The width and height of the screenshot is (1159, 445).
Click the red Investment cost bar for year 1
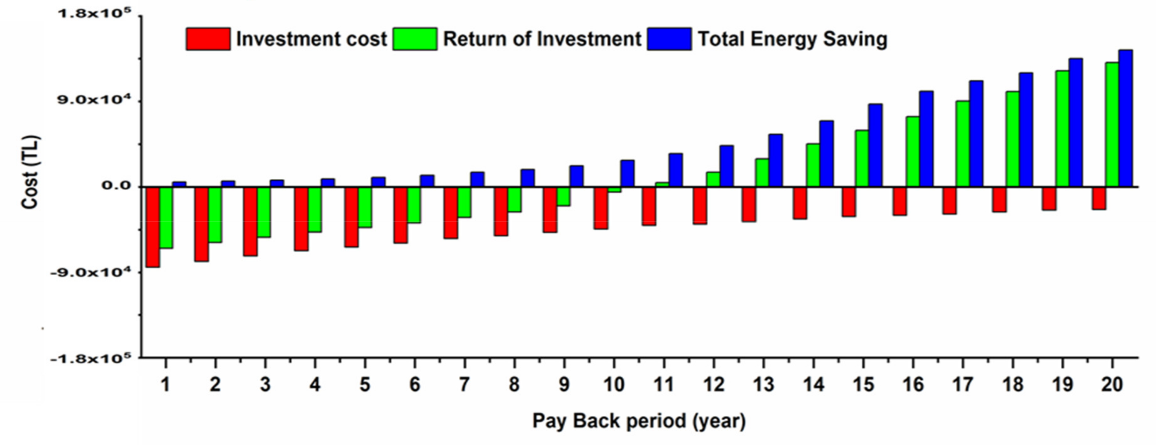pyautogui.click(x=153, y=227)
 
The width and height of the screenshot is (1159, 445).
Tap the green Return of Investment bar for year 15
pyautogui.click(x=862, y=158)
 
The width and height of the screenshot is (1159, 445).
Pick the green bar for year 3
pyautogui.click(x=264, y=212)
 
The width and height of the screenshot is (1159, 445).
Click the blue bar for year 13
pyautogui.click(x=776, y=160)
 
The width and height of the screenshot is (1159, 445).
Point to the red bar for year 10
pyautogui.click(x=601, y=208)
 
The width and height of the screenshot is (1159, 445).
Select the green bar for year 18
pyautogui.click(x=1012, y=139)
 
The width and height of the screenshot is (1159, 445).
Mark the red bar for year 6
pyautogui.click(x=400, y=215)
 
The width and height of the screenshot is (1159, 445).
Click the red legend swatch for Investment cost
pyautogui.click(x=208, y=39)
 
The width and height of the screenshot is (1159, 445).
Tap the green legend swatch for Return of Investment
pyautogui.click(x=414, y=39)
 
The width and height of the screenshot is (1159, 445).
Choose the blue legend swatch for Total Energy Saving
pyautogui.click(x=669, y=39)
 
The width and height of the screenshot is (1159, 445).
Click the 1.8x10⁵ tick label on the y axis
pyautogui.click(x=94, y=14)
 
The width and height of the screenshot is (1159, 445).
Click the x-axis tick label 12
pyautogui.click(x=714, y=385)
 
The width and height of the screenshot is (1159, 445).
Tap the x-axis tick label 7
pyautogui.click(x=464, y=385)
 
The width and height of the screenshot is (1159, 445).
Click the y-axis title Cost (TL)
pyautogui.click(x=30, y=172)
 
